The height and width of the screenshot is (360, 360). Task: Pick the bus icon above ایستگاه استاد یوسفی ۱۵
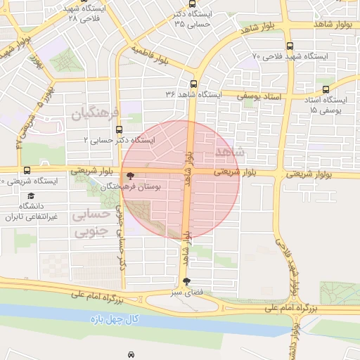(x=326, y=89)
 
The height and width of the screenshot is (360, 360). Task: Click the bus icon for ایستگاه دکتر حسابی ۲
(x=118, y=129)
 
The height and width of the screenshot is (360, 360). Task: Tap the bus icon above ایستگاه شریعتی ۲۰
(x=27, y=170)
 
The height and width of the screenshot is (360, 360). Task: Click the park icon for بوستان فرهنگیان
(x=129, y=176)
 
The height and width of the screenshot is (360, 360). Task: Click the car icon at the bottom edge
(x=131, y=353)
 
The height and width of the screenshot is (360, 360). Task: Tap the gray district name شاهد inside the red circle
(x=229, y=153)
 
